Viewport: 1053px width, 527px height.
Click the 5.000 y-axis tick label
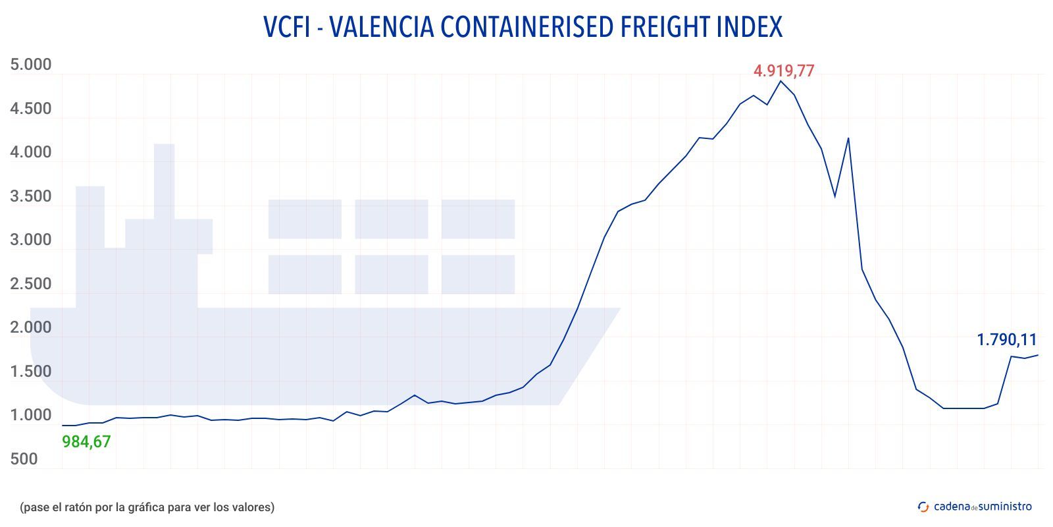tap(30, 65)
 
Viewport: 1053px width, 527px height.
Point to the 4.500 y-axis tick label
tap(30, 109)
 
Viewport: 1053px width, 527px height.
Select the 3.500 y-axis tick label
tap(30, 196)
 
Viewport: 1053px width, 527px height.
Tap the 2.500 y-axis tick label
tap(30, 284)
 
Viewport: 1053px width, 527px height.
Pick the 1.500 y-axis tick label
tap(30, 372)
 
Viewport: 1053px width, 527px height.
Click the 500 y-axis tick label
tap(24, 459)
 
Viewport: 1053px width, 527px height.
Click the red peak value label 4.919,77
tap(784, 70)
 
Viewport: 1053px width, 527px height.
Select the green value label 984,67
tap(86, 442)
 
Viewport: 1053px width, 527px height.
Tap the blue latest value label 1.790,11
tap(1006, 340)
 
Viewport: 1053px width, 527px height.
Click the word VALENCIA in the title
tap(380, 27)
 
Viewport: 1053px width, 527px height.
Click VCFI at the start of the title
tap(287, 27)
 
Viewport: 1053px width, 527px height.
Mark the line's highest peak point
tap(781, 80)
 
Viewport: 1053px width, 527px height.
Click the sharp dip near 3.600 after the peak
tap(835, 196)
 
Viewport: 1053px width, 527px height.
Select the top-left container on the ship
tap(305, 219)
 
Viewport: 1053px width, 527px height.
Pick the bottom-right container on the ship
tap(478, 274)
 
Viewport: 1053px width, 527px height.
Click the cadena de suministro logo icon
tap(923, 507)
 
